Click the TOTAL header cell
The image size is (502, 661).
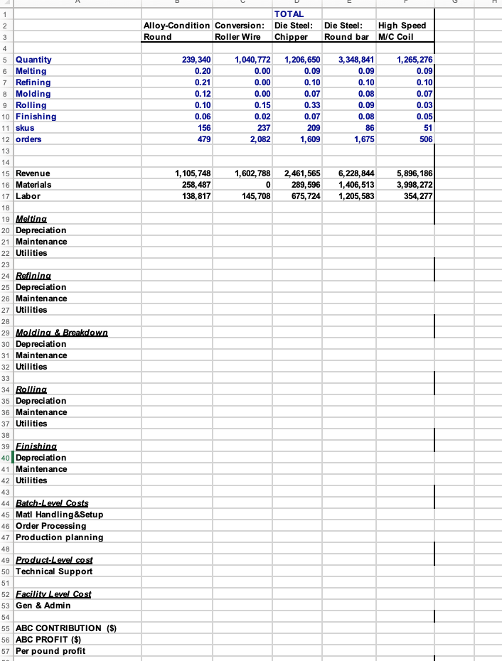click(289, 14)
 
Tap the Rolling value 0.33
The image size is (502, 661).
click(309, 105)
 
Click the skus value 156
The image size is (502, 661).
click(203, 128)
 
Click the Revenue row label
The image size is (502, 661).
click(33, 173)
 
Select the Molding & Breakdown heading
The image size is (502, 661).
click(61, 333)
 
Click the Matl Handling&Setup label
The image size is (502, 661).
click(64, 515)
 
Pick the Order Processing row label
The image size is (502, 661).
click(51, 526)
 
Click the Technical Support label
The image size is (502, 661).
click(54, 571)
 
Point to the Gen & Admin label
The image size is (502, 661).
click(43, 606)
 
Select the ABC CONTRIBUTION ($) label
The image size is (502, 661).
click(66, 628)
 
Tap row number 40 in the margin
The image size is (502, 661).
click(6, 458)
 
